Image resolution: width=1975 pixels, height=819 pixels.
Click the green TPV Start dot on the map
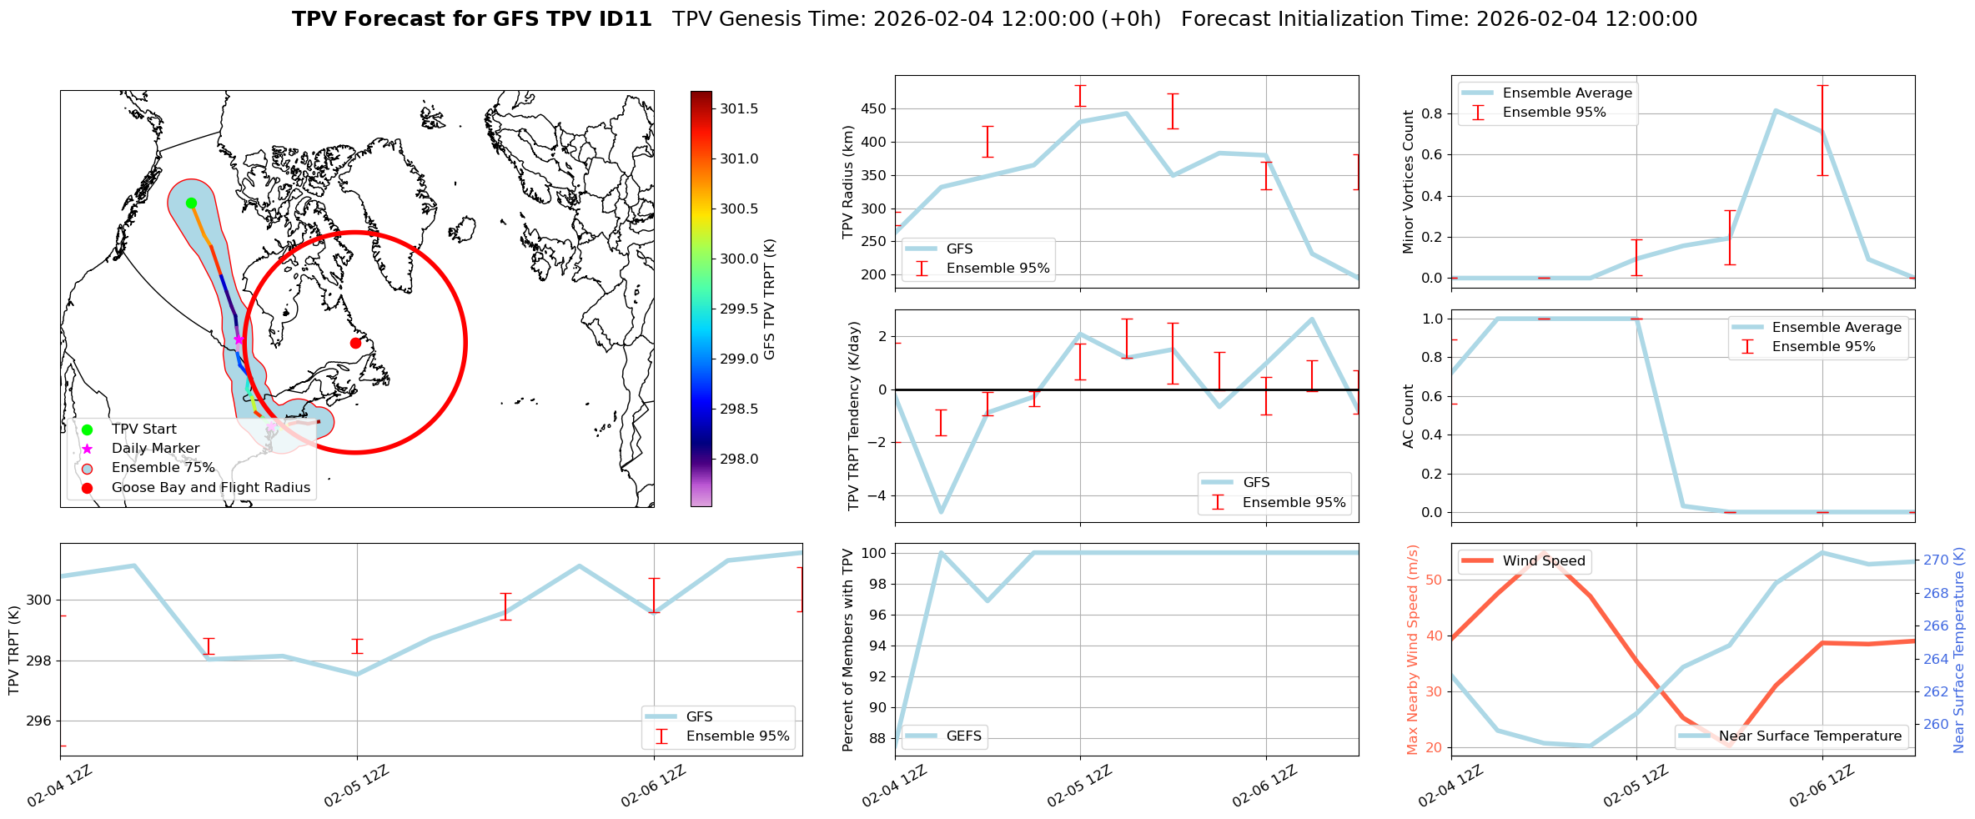tap(191, 203)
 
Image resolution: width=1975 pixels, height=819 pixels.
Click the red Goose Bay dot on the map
tap(355, 343)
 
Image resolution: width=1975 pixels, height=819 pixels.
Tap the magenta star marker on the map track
tap(239, 339)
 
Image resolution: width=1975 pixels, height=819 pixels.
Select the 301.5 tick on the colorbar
tap(739, 108)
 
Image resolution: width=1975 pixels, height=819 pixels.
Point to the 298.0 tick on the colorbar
tap(739, 459)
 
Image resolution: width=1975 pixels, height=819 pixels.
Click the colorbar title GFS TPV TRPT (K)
tap(769, 299)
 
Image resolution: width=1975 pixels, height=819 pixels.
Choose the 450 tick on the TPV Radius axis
tap(876, 108)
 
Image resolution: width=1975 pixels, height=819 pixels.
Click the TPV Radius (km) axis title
tap(848, 182)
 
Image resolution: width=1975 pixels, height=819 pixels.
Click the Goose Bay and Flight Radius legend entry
tap(210, 488)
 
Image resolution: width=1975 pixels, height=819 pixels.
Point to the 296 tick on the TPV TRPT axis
tap(38, 721)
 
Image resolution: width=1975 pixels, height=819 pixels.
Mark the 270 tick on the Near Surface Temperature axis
tap(1936, 560)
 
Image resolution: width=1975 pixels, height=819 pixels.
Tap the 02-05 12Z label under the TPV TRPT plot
tap(356, 786)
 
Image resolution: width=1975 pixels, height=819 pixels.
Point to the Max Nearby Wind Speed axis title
tap(1412, 650)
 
